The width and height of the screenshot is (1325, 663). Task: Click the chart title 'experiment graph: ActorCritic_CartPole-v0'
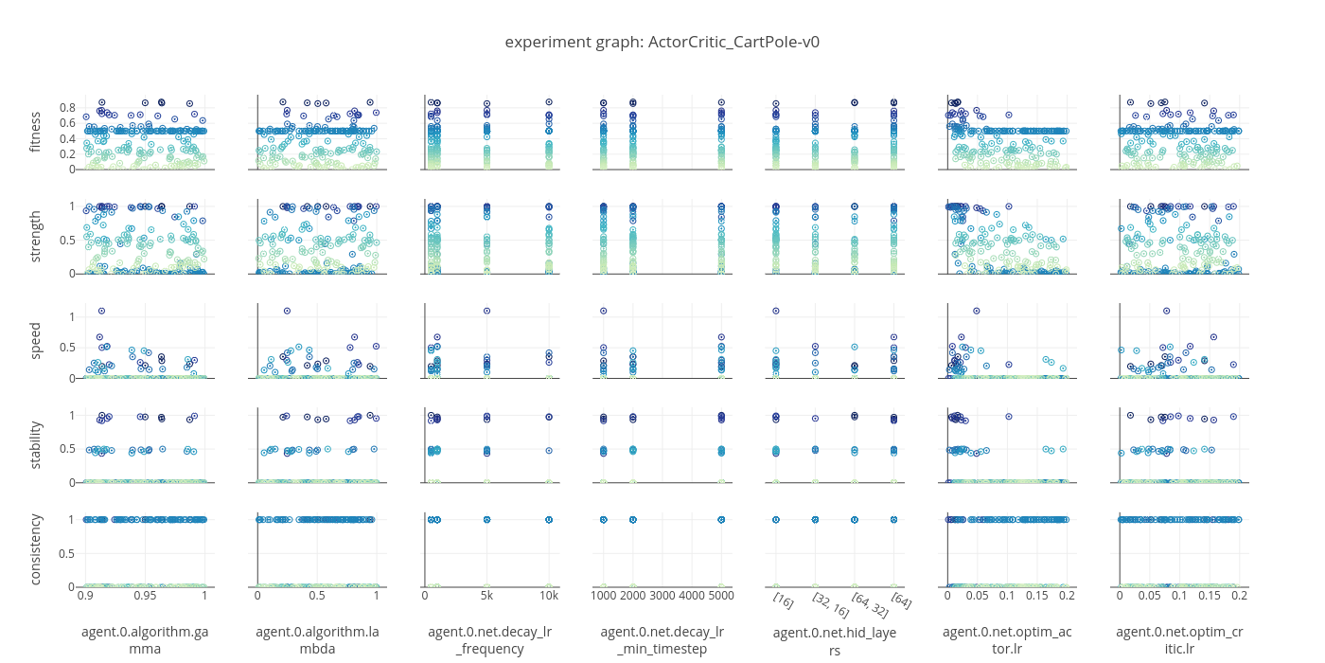click(x=662, y=42)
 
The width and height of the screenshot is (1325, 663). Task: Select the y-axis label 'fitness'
click(x=36, y=133)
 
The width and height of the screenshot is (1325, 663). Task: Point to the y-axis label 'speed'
click(x=36, y=341)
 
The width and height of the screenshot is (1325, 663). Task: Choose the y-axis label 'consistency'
click(x=36, y=548)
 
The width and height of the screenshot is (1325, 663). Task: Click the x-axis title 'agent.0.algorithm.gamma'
click(x=145, y=640)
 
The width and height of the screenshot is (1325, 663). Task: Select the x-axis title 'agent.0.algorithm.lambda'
click(x=317, y=640)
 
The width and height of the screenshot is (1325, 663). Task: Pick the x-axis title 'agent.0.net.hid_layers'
click(x=834, y=640)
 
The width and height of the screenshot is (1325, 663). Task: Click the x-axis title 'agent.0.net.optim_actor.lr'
click(x=1006, y=640)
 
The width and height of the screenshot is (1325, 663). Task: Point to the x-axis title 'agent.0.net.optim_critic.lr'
click(x=1178, y=640)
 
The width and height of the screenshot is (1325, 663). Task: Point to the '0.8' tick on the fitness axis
click(x=66, y=108)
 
